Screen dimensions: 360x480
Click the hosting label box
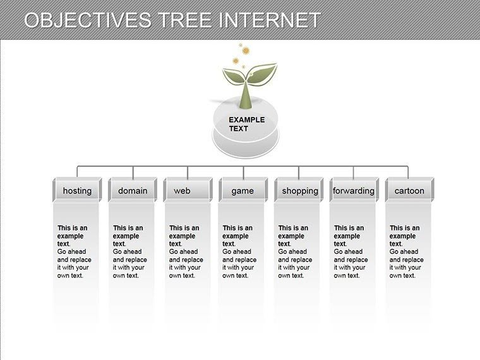coord(77,191)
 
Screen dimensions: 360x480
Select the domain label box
coord(133,191)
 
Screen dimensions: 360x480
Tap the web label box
coord(188,191)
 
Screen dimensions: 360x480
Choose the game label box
coord(243,191)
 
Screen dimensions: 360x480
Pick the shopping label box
coord(299,191)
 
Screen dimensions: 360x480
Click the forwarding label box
coord(354,191)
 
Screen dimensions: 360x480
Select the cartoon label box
coord(409,191)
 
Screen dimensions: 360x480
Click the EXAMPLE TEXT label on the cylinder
coord(246,124)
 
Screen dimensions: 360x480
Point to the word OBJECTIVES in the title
coord(87,20)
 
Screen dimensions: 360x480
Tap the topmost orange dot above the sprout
coord(240,44)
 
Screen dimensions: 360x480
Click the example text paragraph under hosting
coord(75,251)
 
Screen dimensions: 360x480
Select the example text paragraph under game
coord(240,251)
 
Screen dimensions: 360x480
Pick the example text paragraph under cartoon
coord(407,251)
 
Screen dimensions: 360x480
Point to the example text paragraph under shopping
coord(296,251)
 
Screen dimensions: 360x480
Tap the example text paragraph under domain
coord(130,251)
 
